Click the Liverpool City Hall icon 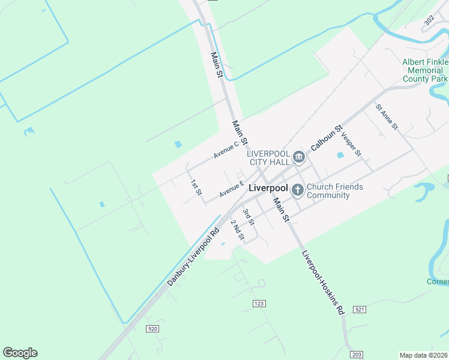[299, 158]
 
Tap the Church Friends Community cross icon [298, 191]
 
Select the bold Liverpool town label [269, 188]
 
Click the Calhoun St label [326, 138]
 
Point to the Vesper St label [351, 144]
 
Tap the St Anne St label [387, 117]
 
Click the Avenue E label [232, 190]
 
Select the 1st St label [196, 187]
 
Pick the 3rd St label [249, 217]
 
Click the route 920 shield [152, 328]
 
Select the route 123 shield [259, 304]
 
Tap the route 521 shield [360, 309]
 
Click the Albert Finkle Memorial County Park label [425, 70]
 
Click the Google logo [20, 353]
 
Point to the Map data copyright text [423, 355]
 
